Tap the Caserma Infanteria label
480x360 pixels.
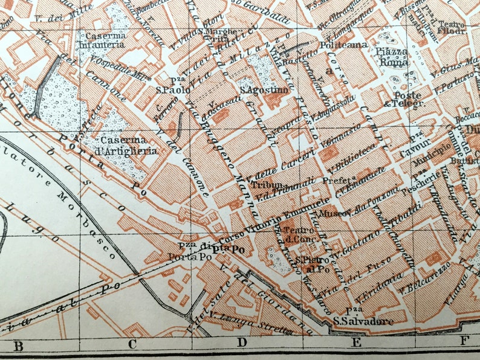105,40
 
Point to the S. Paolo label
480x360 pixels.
173,86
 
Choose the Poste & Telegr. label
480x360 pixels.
409,99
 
